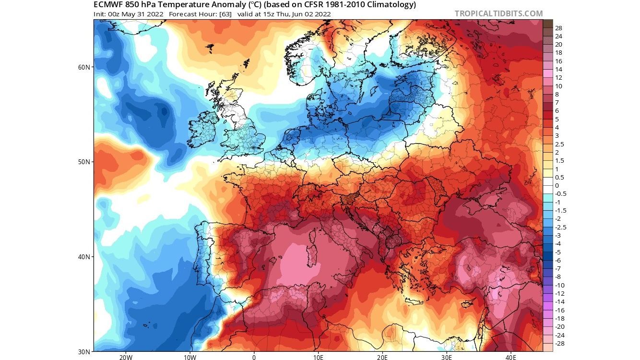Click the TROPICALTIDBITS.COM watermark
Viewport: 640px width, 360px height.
(498, 14)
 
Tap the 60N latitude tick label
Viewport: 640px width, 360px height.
(84, 67)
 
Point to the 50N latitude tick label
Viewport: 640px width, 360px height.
(84, 162)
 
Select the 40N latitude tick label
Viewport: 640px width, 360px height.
(84, 257)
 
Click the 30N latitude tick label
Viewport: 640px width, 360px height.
(84, 351)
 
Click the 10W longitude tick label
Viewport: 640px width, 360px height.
(190, 357)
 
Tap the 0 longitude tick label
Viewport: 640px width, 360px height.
(254, 357)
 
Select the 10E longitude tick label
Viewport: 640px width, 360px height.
(318, 357)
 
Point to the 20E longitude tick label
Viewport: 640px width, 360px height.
(382, 357)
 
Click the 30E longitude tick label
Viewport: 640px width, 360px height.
(447, 357)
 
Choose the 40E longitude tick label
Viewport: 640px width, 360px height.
(511, 357)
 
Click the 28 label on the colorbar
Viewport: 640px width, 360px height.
(558, 28)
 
